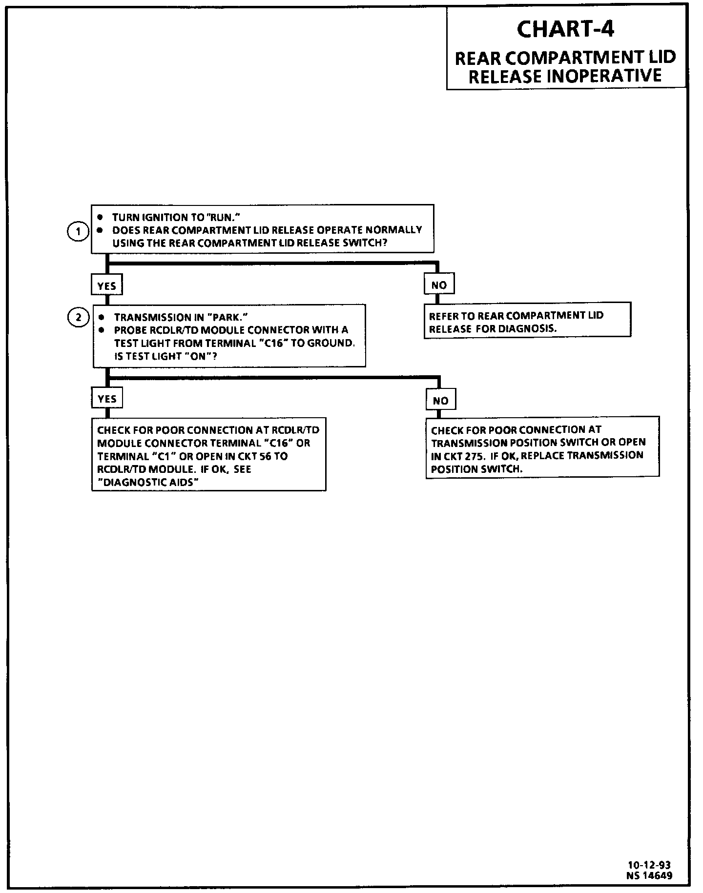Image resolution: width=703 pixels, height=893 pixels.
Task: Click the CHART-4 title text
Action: [x=565, y=29]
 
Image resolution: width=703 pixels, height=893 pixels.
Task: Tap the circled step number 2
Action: [x=78, y=318]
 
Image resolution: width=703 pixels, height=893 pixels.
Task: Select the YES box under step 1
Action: [x=106, y=286]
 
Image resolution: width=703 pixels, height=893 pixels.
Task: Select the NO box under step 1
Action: [x=439, y=285]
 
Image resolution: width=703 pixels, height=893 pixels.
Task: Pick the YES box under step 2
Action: [x=107, y=399]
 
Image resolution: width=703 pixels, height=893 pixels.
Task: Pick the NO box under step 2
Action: [x=440, y=401]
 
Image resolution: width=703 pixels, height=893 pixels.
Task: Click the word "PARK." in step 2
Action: [x=228, y=317]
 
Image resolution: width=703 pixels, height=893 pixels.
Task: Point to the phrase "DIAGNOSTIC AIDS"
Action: [x=147, y=483]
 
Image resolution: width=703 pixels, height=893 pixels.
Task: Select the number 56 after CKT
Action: [x=266, y=456]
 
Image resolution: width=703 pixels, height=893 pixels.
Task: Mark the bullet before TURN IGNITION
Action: [x=101, y=217]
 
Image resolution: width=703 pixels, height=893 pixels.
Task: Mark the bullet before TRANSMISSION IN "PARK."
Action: [x=102, y=317]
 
